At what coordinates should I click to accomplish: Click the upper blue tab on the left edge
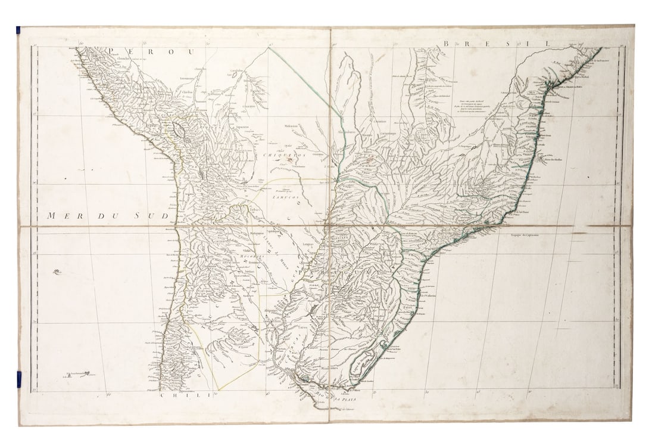[18, 29]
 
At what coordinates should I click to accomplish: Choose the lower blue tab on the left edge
[18, 378]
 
